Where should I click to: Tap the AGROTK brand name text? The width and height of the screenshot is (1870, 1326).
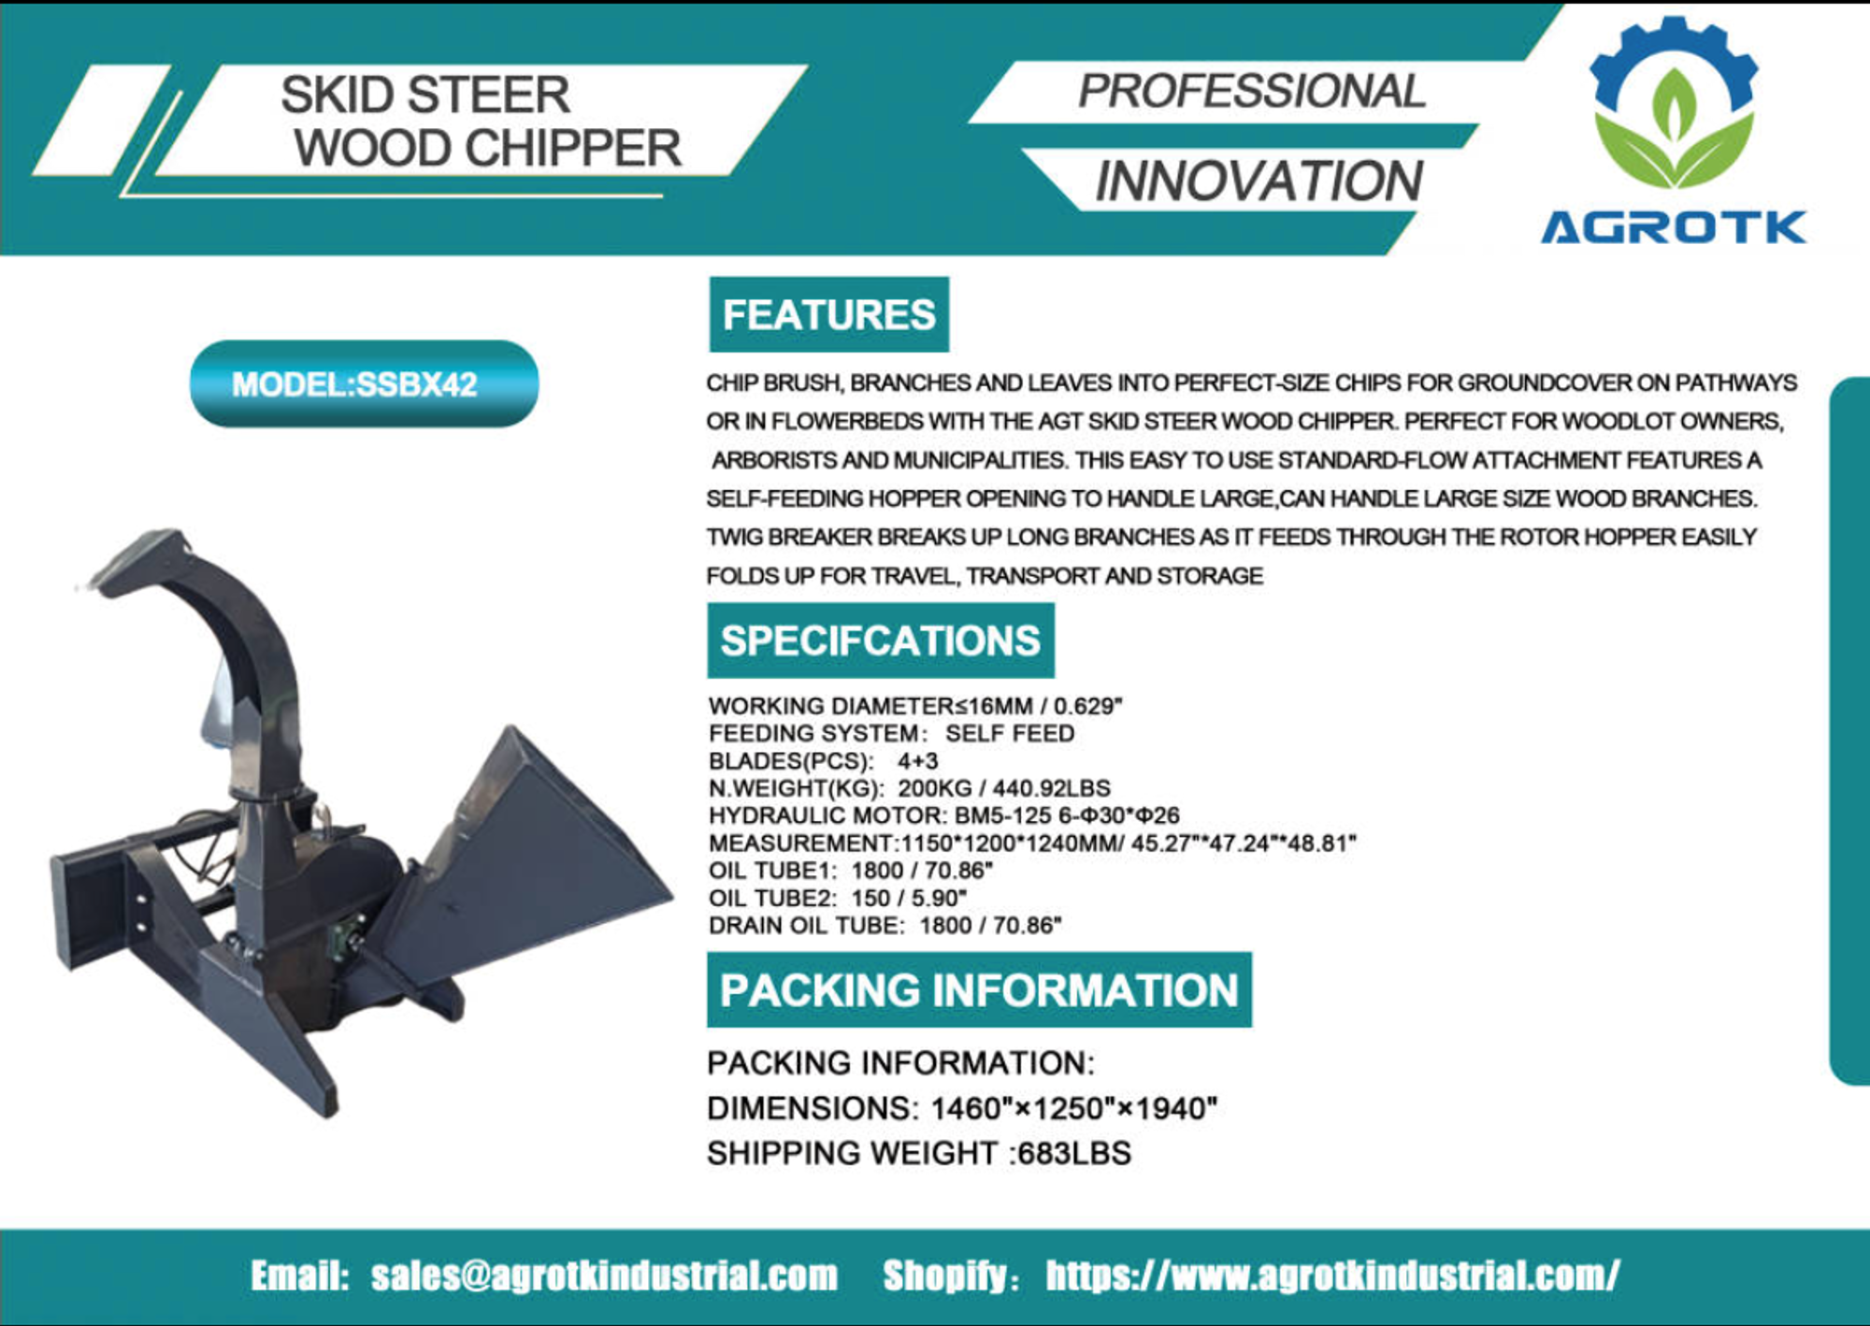point(1674,227)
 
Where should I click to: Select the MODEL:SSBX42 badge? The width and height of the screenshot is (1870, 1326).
point(364,383)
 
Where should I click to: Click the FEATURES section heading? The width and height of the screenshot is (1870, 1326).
point(828,314)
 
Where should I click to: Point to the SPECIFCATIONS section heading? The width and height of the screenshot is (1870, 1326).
point(880,641)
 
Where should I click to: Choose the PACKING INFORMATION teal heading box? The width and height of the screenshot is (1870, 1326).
point(979,989)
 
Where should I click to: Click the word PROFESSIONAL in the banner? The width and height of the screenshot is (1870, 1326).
point(1251,91)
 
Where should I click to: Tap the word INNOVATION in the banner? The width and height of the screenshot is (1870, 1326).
point(1259,180)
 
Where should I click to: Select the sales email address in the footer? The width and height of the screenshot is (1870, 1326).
point(604,1276)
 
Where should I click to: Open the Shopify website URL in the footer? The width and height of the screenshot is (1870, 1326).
point(1332,1276)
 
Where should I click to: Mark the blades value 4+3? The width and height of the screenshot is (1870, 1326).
point(917,761)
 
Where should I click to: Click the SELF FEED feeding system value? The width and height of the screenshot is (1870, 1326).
point(1010,733)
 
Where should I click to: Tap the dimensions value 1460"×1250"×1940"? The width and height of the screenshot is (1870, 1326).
point(1074,1108)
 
